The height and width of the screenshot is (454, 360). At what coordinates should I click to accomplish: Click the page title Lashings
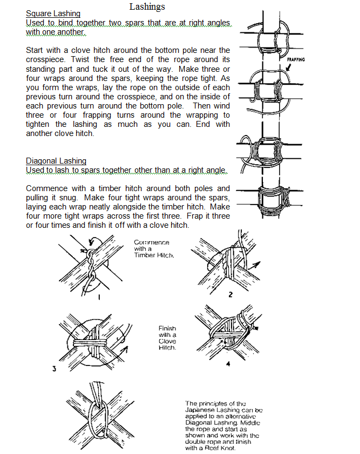[x=147, y=6]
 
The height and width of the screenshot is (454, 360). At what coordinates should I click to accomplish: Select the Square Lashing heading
[x=53, y=13]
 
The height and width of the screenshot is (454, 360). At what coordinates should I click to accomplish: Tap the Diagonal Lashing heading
[x=56, y=161]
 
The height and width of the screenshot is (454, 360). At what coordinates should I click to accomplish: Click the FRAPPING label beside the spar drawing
[x=296, y=59]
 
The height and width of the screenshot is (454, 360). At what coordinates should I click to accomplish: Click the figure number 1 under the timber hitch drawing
[x=99, y=296]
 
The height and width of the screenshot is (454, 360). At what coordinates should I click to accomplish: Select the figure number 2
[x=230, y=295]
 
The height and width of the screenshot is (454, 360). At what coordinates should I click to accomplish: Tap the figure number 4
[x=228, y=364]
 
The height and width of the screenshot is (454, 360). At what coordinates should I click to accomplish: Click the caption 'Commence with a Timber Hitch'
[x=154, y=249]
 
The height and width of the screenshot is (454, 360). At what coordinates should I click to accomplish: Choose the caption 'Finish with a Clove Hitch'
[x=168, y=338]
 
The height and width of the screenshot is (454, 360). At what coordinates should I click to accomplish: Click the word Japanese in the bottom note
[x=202, y=410]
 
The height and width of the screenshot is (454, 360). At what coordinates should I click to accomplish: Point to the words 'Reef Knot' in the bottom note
[x=221, y=448]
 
